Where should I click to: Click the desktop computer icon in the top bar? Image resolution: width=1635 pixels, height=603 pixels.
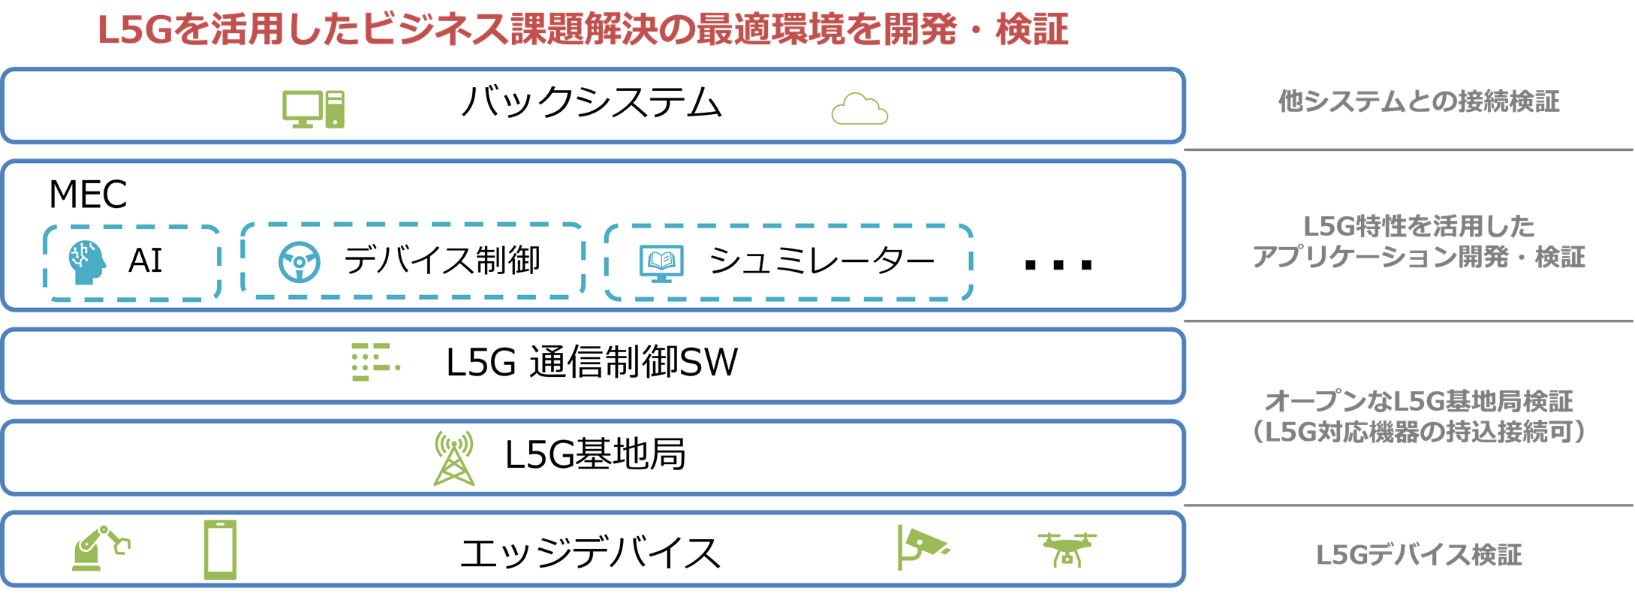tap(313, 110)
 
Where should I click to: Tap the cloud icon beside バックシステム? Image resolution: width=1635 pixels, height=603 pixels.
tap(860, 110)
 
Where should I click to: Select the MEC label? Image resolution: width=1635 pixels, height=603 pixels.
tap(88, 194)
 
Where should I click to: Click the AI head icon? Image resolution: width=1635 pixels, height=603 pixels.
tap(86, 262)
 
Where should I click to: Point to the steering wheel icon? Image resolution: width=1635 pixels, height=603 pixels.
tap(300, 262)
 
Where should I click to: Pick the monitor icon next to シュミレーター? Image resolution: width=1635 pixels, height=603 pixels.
tap(661, 263)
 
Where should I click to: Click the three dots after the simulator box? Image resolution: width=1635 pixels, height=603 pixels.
tap(1058, 264)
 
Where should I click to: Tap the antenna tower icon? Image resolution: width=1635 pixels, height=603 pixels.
tap(454, 458)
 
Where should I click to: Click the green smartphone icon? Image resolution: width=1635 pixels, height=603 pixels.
tap(220, 550)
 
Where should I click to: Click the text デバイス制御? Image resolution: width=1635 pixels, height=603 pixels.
tap(442, 261)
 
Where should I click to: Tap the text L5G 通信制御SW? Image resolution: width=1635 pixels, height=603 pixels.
tap(592, 362)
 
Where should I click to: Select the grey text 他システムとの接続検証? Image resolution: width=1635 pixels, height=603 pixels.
tap(1419, 101)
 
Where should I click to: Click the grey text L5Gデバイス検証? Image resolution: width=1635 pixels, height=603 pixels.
tap(1419, 555)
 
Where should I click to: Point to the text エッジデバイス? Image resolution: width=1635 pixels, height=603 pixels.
tap(590, 553)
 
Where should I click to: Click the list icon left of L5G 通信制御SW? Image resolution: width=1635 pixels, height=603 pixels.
tap(375, 362)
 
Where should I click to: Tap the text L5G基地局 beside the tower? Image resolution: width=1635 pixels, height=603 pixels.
tap(595, 454)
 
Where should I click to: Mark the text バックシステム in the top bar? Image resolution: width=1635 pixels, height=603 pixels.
tap(592, 103)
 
